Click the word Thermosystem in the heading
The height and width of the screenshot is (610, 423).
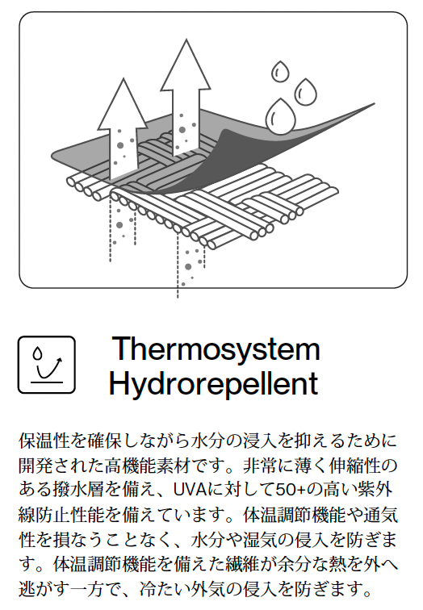(216, 349)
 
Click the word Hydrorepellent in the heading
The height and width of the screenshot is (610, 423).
(214, 383)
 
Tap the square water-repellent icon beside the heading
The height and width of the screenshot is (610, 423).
(47, 365)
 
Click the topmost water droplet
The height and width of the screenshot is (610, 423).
(280, 72)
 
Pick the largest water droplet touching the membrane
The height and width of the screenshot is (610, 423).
(280, 117)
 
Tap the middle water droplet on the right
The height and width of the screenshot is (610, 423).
(305, 92)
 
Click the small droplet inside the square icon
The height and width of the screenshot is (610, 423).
(37, 353)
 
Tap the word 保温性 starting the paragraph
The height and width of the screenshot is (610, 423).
(44, 441)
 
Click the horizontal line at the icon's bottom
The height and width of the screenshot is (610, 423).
(47, 382)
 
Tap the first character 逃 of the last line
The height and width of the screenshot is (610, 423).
(27, 589)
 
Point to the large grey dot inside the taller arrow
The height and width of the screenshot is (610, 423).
(182, 130)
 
